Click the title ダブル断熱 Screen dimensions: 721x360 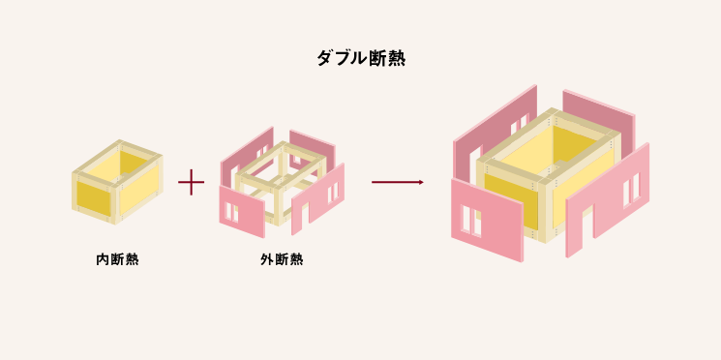click(x=360, y=58)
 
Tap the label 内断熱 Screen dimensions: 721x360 click(x=117, y=259)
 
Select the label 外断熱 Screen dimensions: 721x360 click(x=282, y=259)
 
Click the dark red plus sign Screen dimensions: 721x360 click(x=192, y=182)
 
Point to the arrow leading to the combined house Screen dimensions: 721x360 click(x=397, y=182)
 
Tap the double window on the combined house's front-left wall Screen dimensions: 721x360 click(x=471, y=221)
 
